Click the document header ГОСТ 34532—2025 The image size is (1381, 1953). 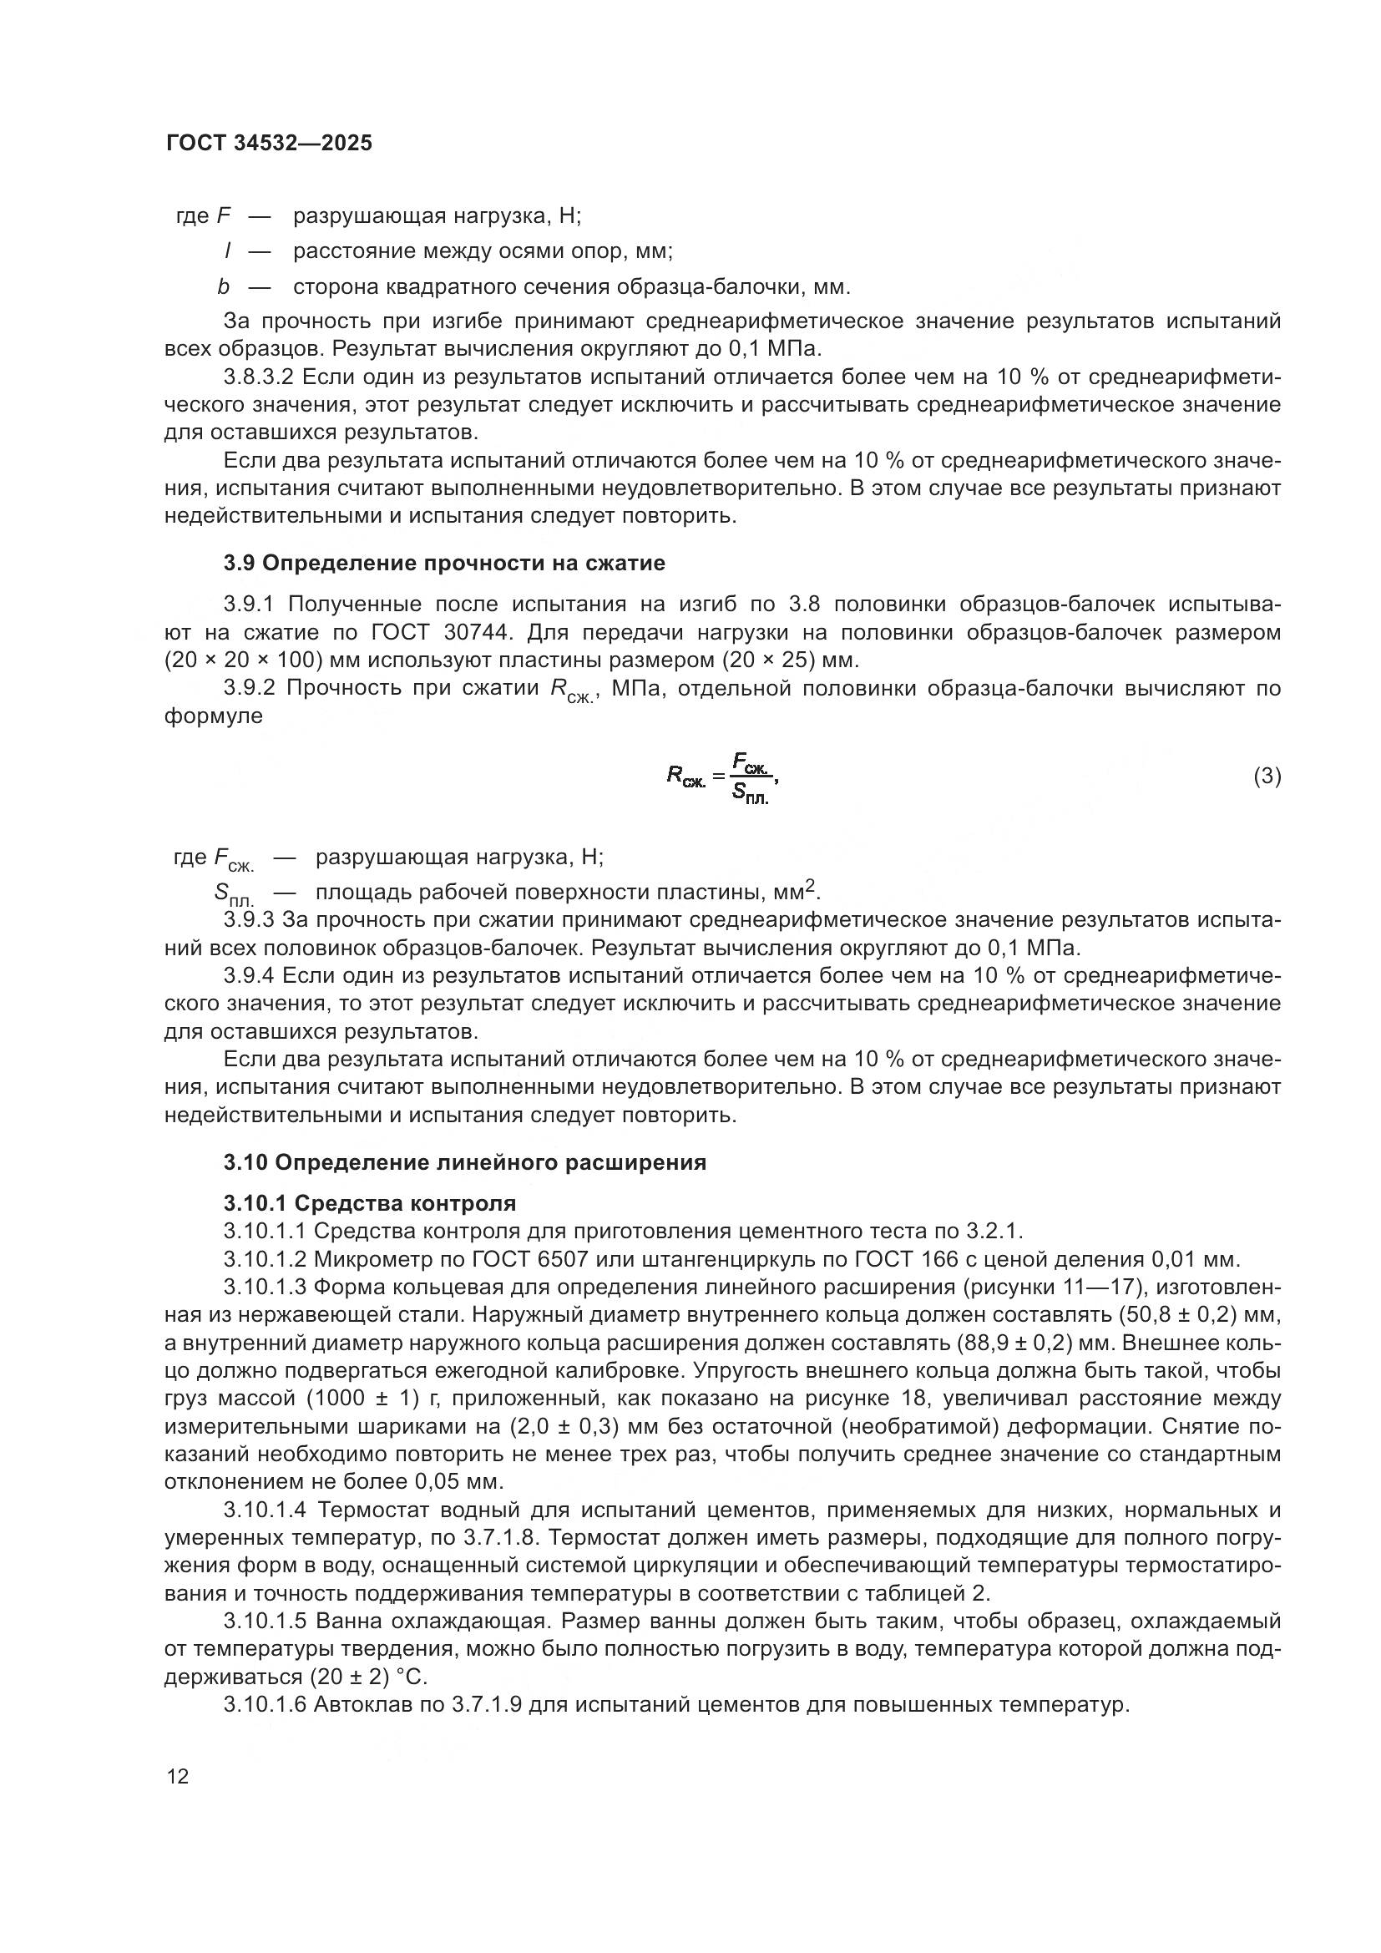[269, 143]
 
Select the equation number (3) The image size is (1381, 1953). [1267, 776]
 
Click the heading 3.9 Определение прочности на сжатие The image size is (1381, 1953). [444, 563]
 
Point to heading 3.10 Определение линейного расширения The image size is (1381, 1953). [464, 1162]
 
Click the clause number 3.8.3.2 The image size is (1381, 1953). [259, 377]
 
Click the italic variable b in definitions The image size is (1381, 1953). [224, 286]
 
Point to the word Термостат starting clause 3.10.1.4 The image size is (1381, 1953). [372, 1510]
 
